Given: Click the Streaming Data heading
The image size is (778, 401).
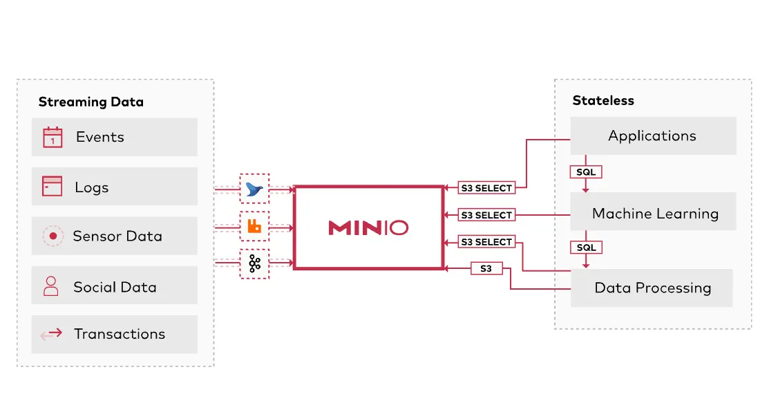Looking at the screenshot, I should (x=91, y=102).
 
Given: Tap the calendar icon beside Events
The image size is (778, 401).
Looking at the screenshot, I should (x=53, y=137).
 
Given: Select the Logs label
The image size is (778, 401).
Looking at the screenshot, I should (x=92, y=187).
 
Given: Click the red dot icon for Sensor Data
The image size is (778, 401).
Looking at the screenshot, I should (x=53, y=236).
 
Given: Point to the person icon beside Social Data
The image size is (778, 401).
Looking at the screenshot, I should (x=51, y=286).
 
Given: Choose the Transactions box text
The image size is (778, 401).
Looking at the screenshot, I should (x=120, y=334).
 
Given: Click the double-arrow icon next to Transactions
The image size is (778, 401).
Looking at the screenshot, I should (x=51, y=335).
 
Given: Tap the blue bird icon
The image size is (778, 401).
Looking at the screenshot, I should (x=254, y=189).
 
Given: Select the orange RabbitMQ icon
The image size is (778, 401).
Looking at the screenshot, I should (x=254, y=226).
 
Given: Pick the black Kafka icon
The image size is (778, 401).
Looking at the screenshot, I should (x=254, y=263).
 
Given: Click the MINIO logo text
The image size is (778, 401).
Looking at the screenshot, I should (x=368, y=227).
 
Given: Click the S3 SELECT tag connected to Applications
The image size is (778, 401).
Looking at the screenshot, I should (x=486, y=187).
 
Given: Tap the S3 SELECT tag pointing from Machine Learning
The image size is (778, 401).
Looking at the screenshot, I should (x=486, y=215).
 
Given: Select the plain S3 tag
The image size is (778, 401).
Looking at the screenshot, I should (x=486, y=268).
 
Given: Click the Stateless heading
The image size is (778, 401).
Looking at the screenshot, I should (x=603, y=101).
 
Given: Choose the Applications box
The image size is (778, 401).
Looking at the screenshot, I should (x=652, y=136).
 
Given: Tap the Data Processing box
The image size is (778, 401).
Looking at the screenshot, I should (x=652, y=288).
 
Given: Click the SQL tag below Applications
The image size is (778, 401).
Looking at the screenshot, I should (x=585, y=171).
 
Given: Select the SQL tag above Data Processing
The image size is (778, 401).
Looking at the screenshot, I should (x=585, y=248).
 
